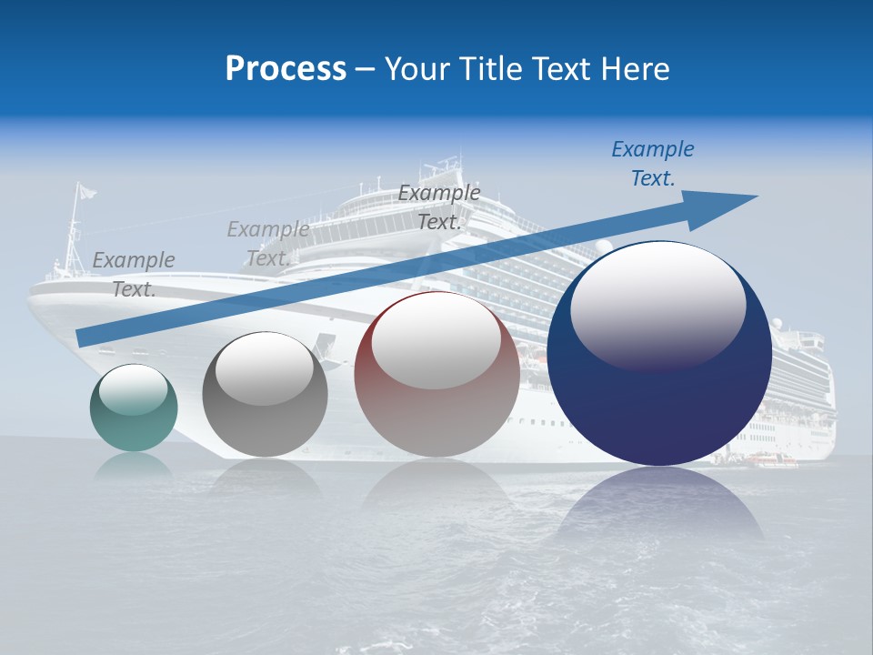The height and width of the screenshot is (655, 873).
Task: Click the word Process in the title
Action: [286, 69]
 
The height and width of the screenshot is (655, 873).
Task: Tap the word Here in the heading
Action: [636, 69]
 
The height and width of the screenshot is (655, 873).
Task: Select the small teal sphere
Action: [134, 408]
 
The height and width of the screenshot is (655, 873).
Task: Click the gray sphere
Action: [265, 395]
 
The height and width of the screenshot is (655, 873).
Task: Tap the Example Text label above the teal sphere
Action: [134, 274]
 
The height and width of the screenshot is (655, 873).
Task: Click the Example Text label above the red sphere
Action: [438, 207]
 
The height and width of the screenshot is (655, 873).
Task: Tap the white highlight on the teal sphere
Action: [133, 389]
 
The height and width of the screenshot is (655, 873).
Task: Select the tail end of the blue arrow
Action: [84, 338]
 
